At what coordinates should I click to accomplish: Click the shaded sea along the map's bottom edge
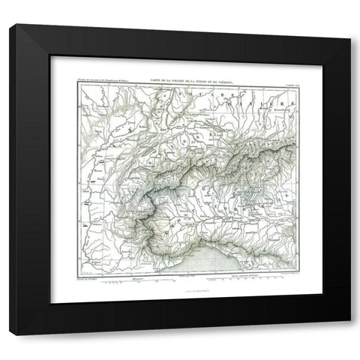(x=187, y=262)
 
